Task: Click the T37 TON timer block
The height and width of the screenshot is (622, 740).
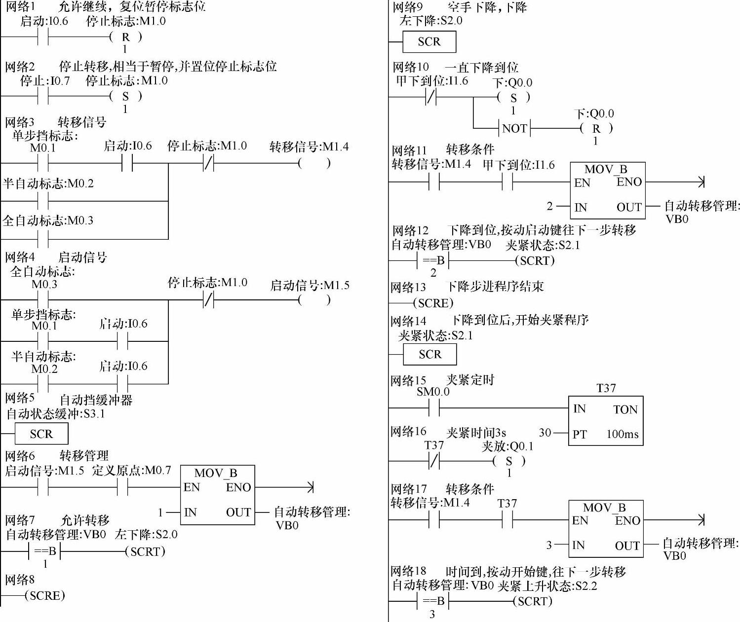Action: tap(606, 421)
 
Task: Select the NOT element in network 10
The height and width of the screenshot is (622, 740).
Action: tap(514, 128)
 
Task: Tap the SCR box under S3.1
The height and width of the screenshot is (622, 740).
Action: tap(41, 434)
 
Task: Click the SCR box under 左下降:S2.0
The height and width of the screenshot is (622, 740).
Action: tap(429, 42)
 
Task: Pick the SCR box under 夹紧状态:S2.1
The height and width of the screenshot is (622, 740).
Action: tap(429, 354)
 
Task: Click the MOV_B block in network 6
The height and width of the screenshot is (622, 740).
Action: tap(217, 495)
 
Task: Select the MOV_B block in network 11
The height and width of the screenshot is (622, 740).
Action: tap(608, 190)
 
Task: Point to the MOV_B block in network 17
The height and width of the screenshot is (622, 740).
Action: tap(606, 529)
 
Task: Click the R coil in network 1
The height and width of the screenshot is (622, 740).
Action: tap(126, 37)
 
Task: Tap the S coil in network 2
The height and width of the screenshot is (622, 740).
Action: tap(126, 96)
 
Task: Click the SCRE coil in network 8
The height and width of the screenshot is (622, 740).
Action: tap(45, 595)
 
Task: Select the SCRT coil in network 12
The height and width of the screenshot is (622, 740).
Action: tap(535, 260)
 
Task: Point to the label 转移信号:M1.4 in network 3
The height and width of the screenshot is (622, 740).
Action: tap(309, 146)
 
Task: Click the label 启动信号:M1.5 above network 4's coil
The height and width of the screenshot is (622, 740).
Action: tap(310, 285)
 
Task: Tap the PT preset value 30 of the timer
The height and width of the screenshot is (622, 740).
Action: tap(545, 433)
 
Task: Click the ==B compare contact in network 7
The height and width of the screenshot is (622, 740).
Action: tap(45, 551)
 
